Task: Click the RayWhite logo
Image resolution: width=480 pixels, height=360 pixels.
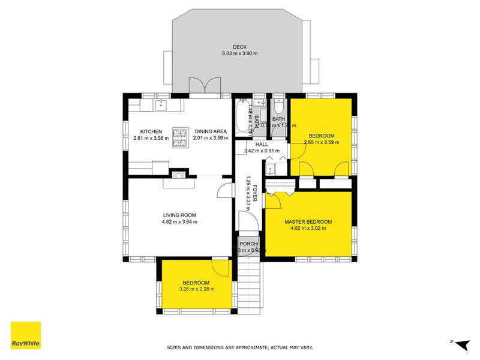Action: [x=26, y=335]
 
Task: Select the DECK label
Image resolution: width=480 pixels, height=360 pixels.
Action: [x=239, y=47]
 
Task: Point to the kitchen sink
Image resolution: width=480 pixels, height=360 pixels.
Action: [x=160, y=106]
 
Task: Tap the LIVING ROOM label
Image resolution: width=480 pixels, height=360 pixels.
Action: [x=179, y=215]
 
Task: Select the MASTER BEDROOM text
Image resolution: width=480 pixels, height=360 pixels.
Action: [x=308, y=221]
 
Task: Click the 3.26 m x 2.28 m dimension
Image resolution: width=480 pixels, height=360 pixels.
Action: [x=196, y=289]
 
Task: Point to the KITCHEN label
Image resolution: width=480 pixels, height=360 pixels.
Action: [x=151, y=131]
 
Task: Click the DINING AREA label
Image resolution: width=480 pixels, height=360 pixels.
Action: [x=210, y=131]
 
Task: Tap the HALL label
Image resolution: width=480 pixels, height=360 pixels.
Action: [x=261, y=144]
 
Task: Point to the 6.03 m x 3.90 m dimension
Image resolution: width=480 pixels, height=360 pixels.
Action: [x=239, y=54]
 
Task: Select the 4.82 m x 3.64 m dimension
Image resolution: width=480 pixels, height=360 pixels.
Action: [x=179, y=222]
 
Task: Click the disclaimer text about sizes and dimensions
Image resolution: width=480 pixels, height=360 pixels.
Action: [x=239, y=347]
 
